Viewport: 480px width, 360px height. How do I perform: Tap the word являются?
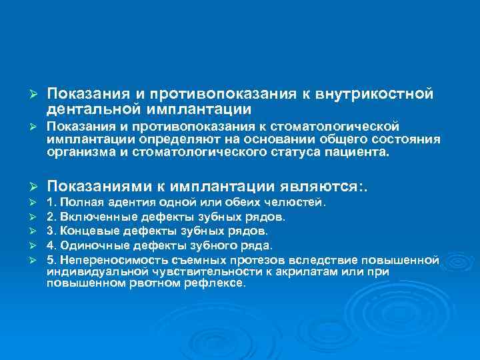coord(315,185)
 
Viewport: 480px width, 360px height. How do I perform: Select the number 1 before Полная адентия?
coord(51,202)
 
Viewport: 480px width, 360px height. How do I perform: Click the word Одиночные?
coord(93,245)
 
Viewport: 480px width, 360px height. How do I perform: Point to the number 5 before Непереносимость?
coord(51,259)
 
